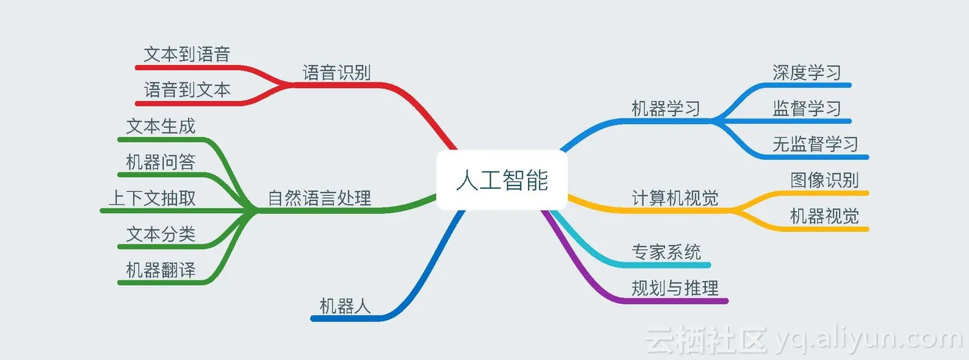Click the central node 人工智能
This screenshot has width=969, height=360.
(502, 180)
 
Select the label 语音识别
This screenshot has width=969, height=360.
(337, 73)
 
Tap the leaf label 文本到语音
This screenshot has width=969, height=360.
(187, 55)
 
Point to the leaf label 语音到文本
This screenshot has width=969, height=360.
(187, 90)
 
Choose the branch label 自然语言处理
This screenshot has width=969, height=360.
(319, 199)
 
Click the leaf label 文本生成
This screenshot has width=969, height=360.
(161, 127)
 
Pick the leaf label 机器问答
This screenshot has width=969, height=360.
(161, 163)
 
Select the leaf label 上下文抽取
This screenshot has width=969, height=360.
(152, 199)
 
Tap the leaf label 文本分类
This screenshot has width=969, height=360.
(161, 235)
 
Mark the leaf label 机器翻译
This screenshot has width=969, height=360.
(161, 271)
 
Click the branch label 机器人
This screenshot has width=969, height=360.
(345, 306)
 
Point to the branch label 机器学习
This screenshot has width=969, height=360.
(666, 109)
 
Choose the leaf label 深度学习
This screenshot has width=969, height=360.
(807, 73)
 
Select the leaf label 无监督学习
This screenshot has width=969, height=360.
(815, 145)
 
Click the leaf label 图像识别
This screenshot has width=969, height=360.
(824, 181)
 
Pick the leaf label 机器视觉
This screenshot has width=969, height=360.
(824, 217)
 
